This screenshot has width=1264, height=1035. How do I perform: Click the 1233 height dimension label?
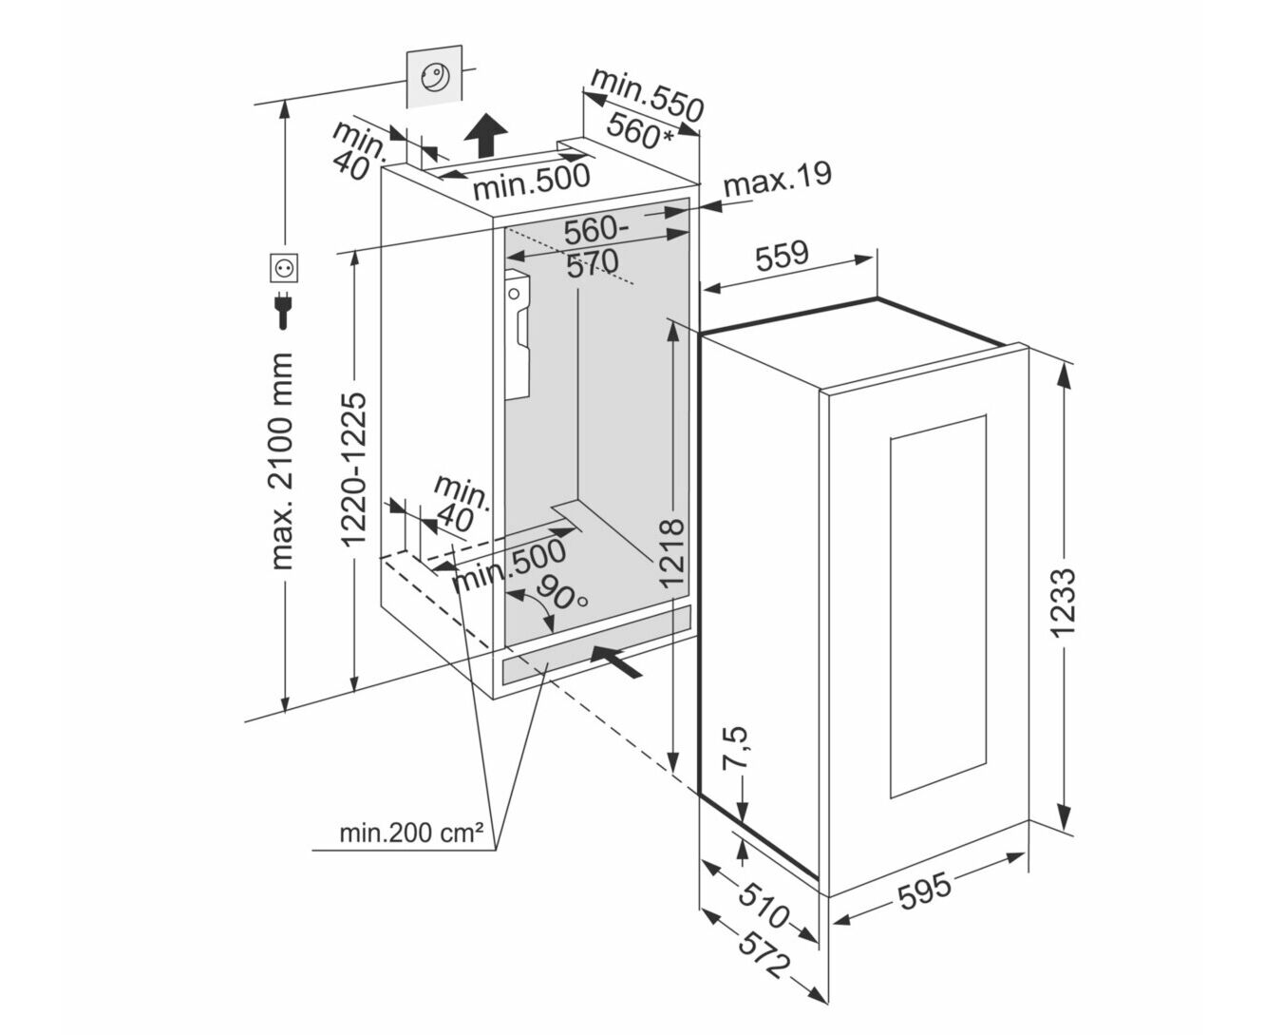(x=1065, y=603)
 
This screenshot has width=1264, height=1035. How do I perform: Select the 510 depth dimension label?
(x=763, y=906)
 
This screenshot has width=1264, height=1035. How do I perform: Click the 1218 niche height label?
(x=671, y=552)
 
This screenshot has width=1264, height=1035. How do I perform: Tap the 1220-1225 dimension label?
(x=353, y=470)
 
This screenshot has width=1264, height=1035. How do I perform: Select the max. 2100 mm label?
(x=282, y=461)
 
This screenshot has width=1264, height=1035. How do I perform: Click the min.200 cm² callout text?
(x=411, y=833)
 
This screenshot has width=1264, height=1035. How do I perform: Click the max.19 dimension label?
(x=778, y=178)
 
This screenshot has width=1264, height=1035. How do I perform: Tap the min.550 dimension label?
(x=648, y=95)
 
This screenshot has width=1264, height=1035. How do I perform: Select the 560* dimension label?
(x=639, y=131)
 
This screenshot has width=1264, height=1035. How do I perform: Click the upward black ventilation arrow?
(x=485, y=136)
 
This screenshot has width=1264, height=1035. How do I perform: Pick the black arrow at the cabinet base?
(x=615, y=661)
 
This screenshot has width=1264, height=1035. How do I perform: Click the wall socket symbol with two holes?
(x=284, y=268)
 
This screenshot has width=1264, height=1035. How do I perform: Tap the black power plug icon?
(x=283, y=310)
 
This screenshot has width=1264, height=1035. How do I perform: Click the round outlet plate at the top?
(x=435, y=77)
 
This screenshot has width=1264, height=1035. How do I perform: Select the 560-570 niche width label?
(x=594, y=246)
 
